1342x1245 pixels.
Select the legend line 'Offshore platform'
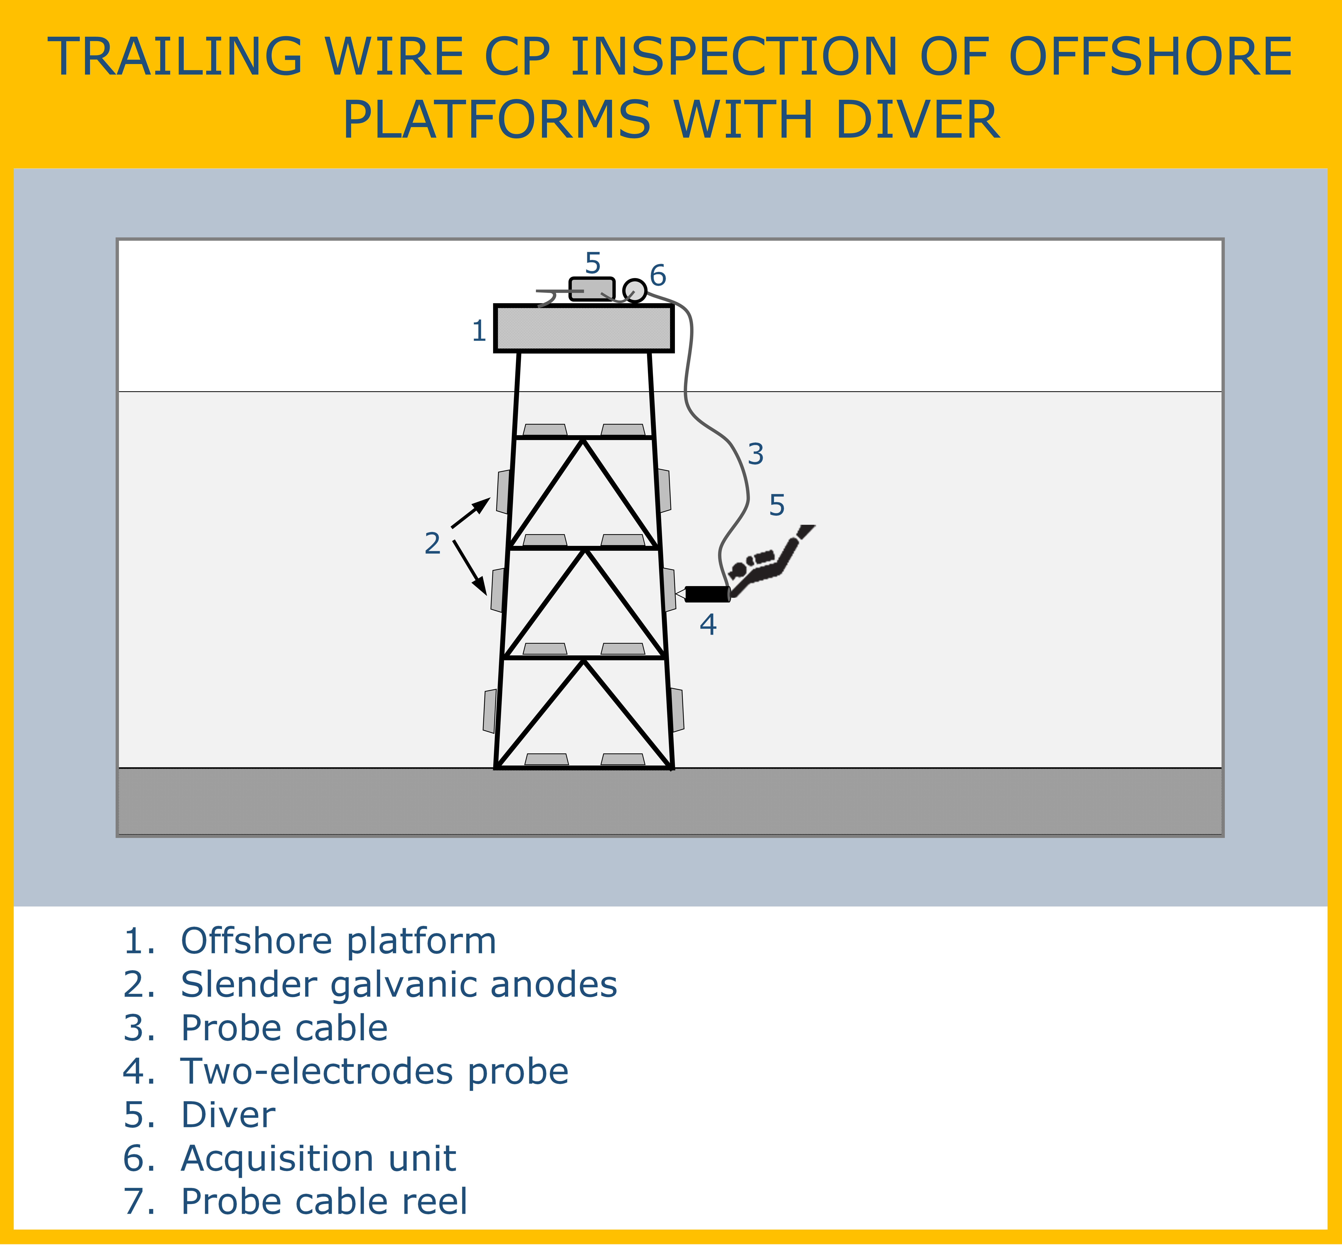pyautogui.click(x=310, y=941)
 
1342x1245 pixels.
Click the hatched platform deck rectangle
pyautogui.click(x=584, y=328)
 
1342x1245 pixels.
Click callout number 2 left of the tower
pyautogui.click(x=433, y=543)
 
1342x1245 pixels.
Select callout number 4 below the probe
pyautogui.click(x=708, y=625)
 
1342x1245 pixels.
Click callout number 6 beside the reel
pyautogui.click(x=658, y=275)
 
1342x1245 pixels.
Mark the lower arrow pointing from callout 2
pyautogui.click(x=469, y=567)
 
